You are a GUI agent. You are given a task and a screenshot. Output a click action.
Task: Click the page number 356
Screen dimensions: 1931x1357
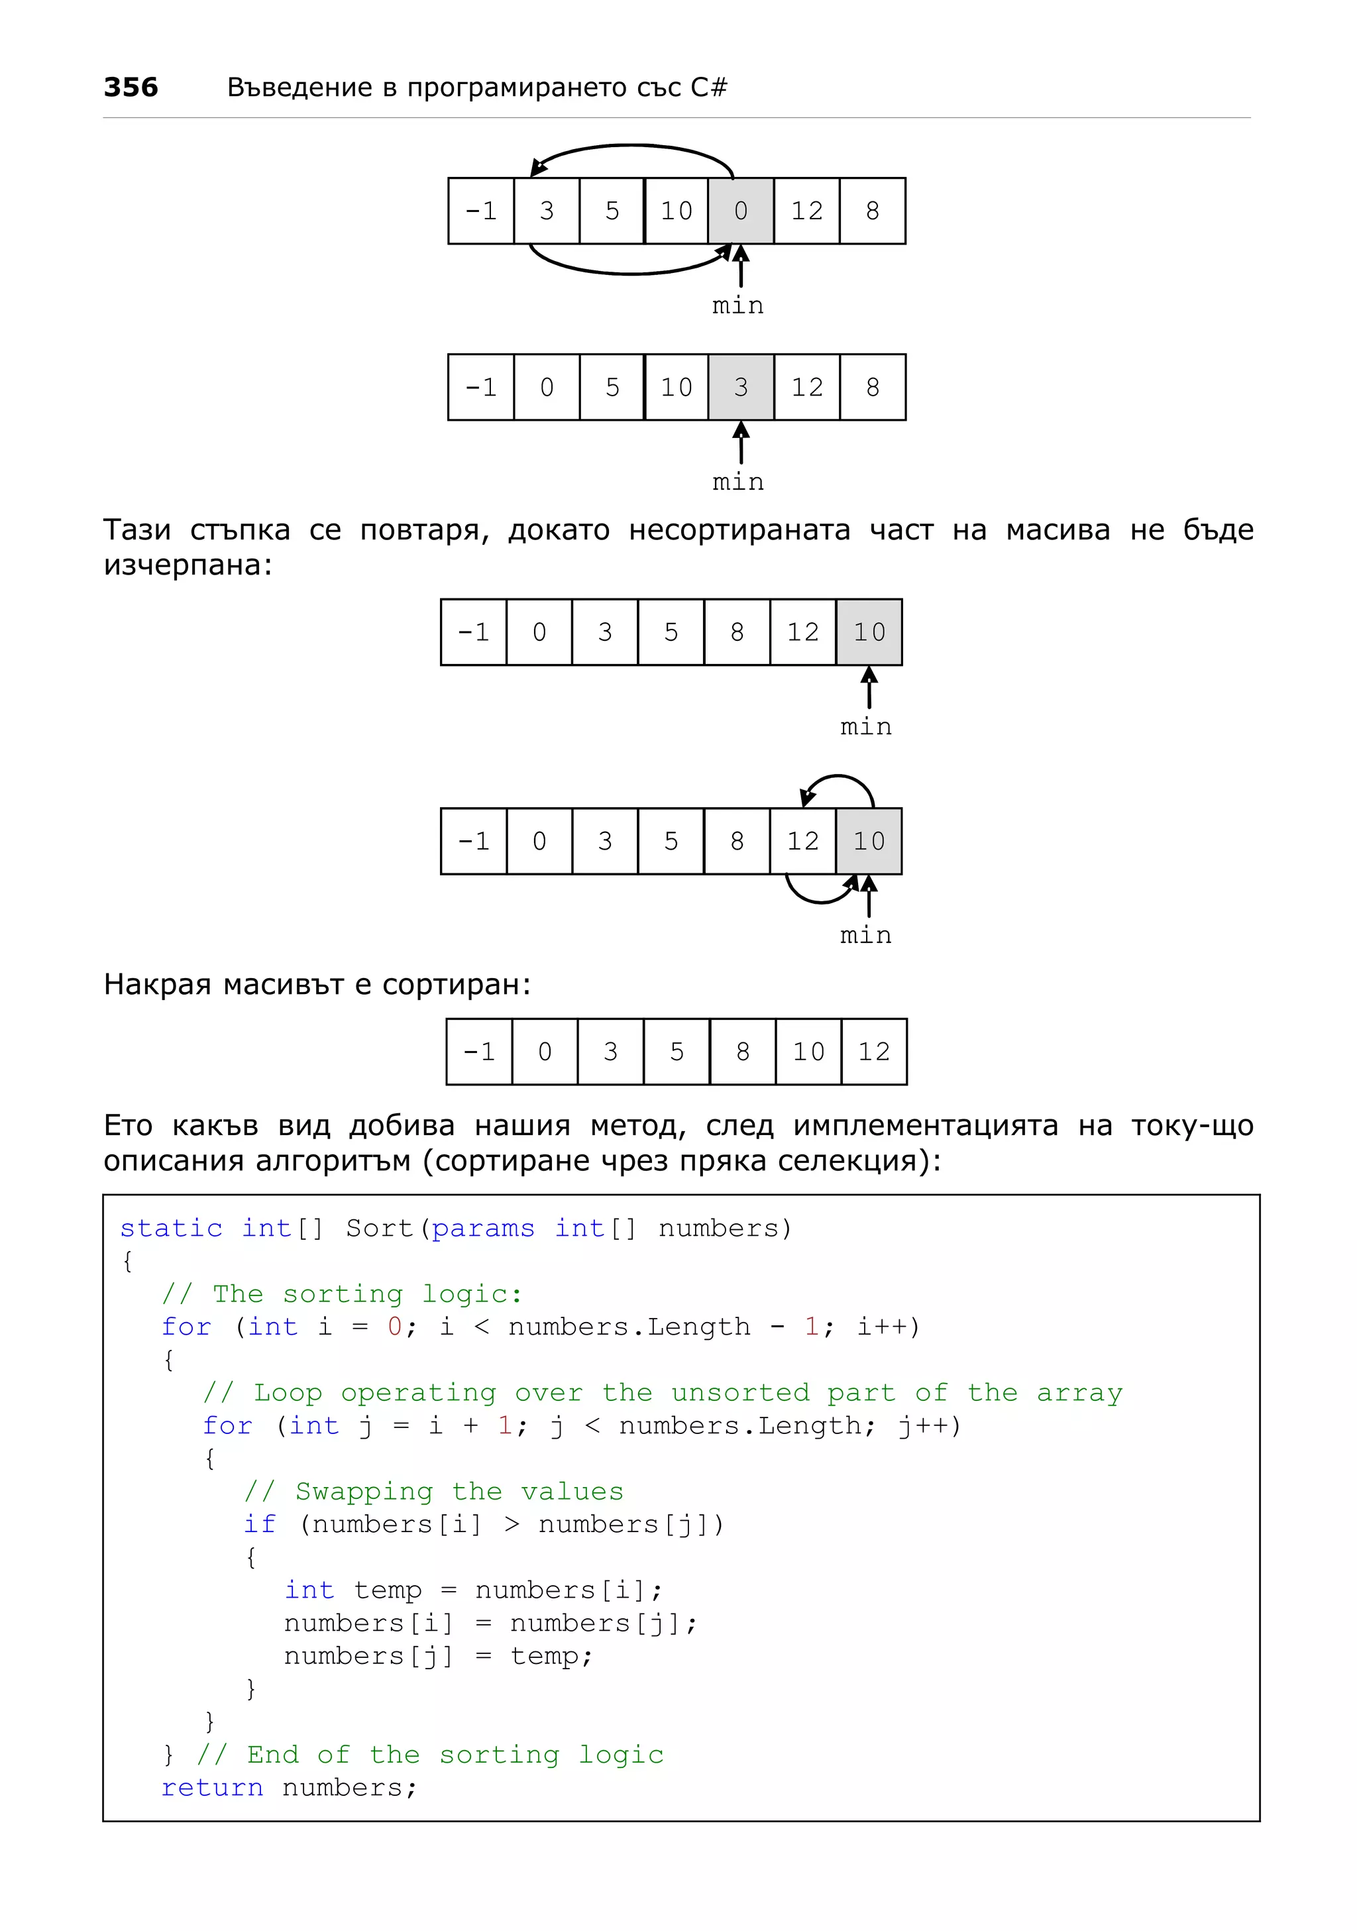click(131, 87)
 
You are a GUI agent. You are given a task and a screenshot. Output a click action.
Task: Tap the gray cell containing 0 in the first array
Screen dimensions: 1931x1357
click(740, 211)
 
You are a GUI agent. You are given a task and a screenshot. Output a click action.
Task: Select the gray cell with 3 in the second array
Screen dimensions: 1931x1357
click(740, 388)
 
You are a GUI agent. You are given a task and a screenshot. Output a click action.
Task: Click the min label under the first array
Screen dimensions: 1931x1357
click(737, 306)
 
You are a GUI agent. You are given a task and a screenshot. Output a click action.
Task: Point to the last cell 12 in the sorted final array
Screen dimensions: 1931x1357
click(873, 1052)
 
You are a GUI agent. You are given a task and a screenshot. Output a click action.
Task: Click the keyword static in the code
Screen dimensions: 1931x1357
click(171, 1229)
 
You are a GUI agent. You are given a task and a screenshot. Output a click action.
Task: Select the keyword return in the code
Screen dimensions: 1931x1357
click(212, 1787)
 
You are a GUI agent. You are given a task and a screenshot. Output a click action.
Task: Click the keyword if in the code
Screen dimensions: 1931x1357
click(260, 1525)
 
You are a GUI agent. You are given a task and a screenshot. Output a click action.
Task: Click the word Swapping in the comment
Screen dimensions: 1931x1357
click(364, 1492)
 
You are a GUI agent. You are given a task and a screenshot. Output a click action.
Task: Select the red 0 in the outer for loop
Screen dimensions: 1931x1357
click(394, 1327)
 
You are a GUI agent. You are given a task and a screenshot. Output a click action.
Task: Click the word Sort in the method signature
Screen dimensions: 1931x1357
click(379, 1229)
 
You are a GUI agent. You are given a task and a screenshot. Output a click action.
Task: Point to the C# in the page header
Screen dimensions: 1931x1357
click(709, 87)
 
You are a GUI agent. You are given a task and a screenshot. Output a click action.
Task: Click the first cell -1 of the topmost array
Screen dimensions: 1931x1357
click(481, 211)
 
